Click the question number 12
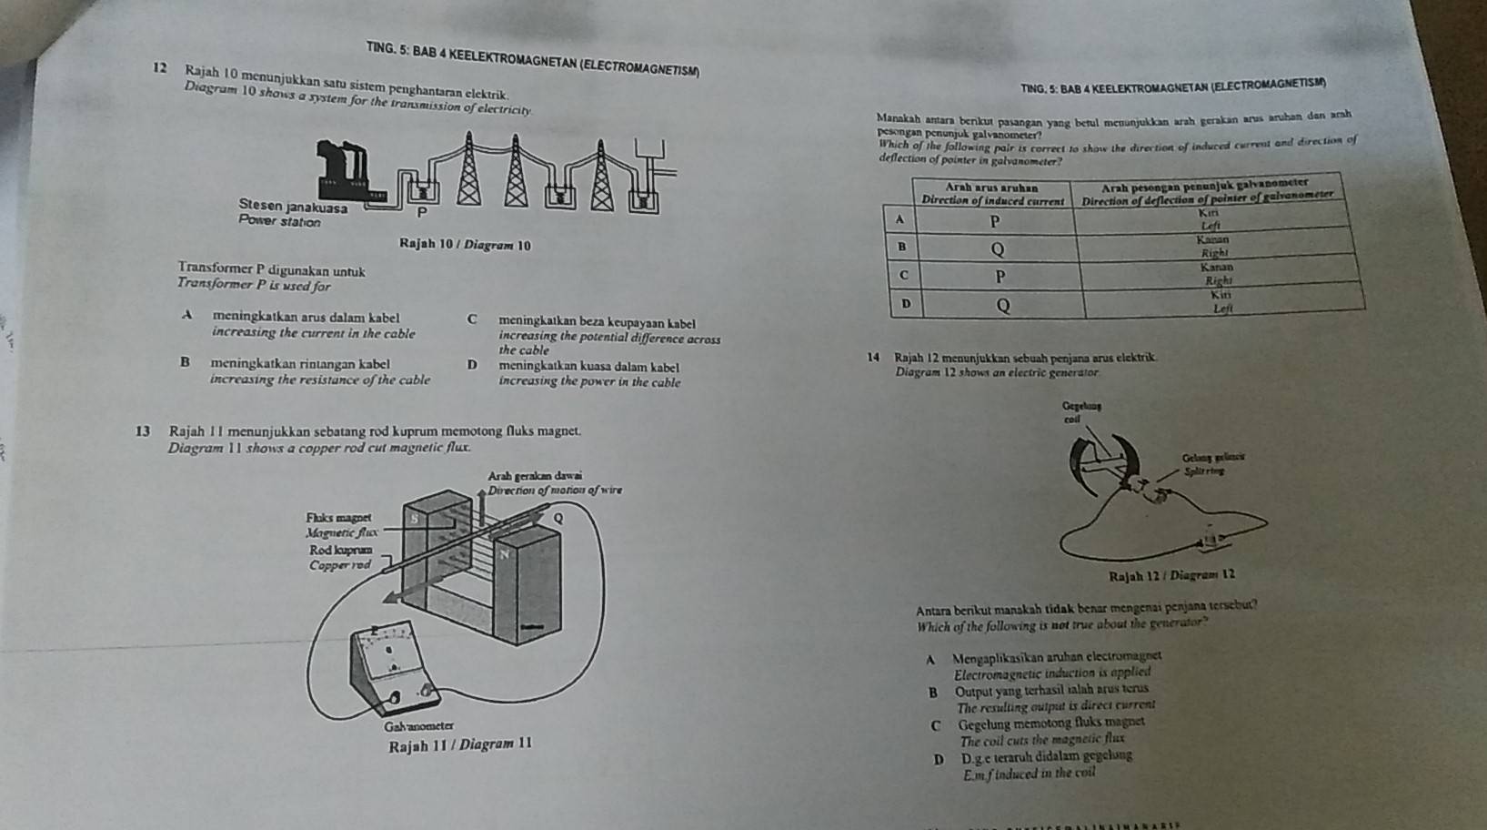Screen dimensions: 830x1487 160,68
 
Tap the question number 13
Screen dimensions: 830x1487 142,430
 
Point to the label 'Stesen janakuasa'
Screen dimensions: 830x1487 292,207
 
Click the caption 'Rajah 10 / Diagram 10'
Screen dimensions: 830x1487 464,245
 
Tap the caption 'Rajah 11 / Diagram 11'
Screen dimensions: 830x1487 459,745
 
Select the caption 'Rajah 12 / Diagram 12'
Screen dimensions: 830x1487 1171,575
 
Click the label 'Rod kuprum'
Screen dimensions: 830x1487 338,551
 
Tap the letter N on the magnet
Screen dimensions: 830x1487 500,552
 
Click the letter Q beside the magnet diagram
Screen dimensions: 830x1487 558,518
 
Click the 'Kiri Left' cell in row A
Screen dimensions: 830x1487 1211,218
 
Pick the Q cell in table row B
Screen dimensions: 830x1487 997,248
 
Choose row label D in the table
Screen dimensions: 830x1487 905,303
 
